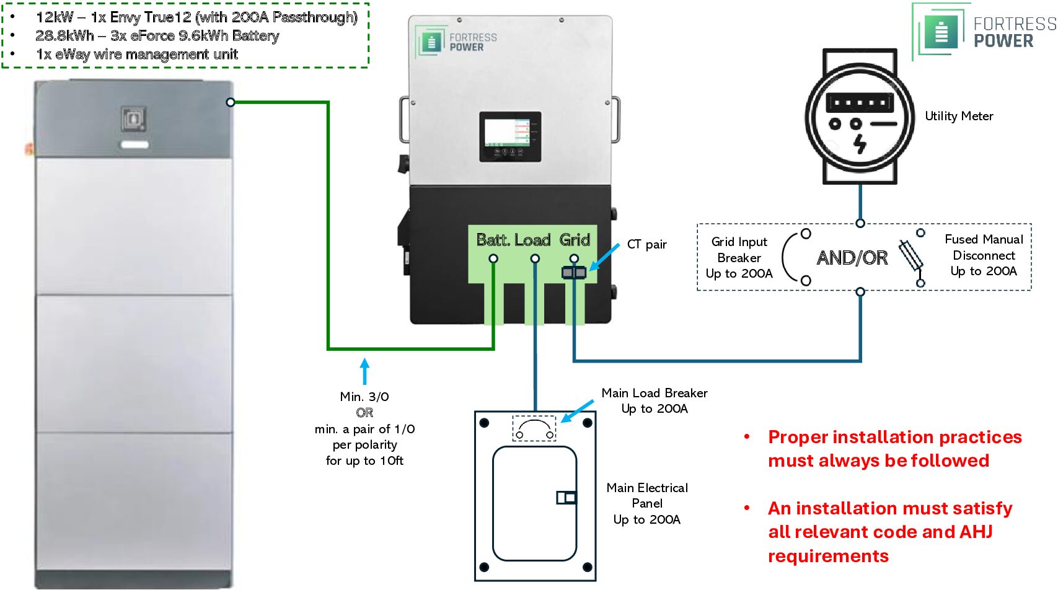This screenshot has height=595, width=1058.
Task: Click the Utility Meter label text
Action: point(958,116)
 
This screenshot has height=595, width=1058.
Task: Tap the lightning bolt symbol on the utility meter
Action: point(860,144)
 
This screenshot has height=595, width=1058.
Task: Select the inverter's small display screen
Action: point(510,136)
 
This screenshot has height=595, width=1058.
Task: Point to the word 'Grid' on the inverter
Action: point(575,240)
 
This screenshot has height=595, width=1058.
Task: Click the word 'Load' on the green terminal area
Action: point(532,240)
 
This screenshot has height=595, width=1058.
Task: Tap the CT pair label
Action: point(646,244)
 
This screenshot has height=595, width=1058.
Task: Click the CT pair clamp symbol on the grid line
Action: point(573,272)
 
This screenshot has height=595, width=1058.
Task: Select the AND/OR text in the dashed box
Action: point(852,257)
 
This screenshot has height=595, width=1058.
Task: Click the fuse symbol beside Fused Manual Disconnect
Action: point(911,256)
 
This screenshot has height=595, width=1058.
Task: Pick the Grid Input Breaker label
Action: point(739,257)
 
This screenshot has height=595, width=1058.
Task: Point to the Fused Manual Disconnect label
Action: point(984,255)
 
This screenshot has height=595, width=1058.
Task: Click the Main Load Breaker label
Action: point(655,400)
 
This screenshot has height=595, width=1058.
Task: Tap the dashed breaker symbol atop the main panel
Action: point(534,428)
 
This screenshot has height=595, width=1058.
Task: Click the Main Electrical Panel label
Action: point(647,503)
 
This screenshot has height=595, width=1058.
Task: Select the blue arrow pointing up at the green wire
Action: point(365,371)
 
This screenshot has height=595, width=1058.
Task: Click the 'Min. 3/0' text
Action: point(364,397)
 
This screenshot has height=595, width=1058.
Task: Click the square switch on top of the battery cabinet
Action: point(133,118)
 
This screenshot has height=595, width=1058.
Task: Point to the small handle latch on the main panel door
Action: point(566,497)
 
